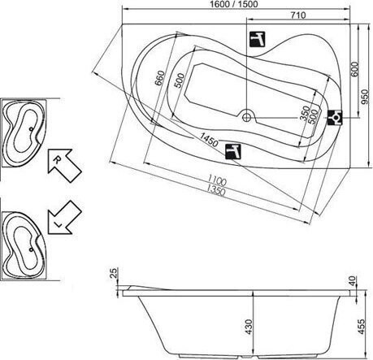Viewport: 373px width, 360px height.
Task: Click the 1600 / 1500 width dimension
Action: [234, 4]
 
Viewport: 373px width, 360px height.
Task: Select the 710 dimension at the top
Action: [298, 15]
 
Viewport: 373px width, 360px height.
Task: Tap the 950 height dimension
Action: [366, 97]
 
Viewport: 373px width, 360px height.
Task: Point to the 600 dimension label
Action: [354, 69]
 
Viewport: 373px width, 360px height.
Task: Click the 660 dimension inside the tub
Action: [160, 78]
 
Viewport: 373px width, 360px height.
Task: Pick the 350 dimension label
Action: [306, 113]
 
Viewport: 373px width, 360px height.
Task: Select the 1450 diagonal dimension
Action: [209, 140]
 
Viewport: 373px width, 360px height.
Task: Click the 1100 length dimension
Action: [217, 180]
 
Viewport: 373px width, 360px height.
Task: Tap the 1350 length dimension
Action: [215, 190]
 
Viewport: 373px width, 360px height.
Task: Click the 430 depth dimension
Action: [249, 327]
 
